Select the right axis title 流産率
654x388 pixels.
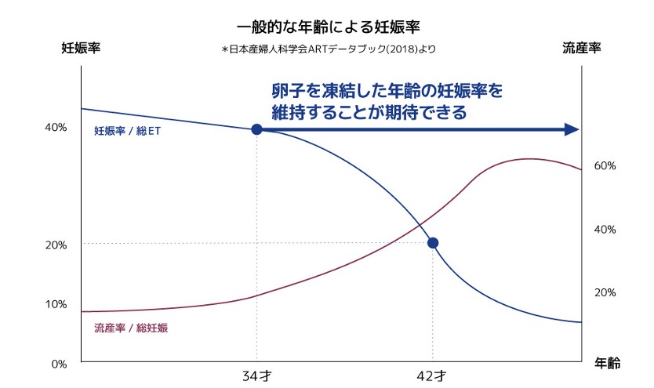[x=581, y=49]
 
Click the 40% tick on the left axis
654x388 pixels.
[x=56, y=128]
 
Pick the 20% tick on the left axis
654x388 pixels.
[x=56, y=245]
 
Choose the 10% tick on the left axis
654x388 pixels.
[x=56, y=303]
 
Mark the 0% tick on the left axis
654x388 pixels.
[x=60, y=363]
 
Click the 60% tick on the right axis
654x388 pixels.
[x=605, y=166]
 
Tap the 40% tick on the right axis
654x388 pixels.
[x=605, y=230]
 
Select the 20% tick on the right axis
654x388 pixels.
[x=605, y=292]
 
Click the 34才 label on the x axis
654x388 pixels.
[x=256, y=376]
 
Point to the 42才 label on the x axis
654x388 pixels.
[x=432, y=376]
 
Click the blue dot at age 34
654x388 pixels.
[x=256, y=129]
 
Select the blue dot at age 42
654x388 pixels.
[x=432, y=243]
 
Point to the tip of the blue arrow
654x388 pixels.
[x=579, y=129]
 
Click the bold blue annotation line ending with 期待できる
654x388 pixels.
[x=369, y=112]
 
